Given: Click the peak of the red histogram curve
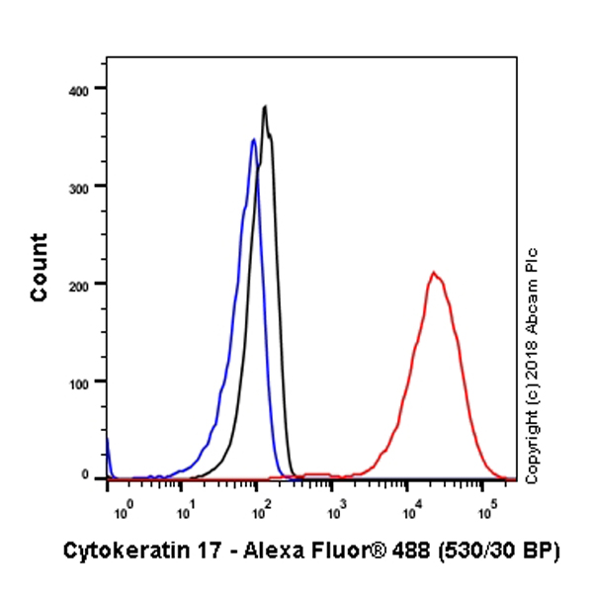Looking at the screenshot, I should [432, 272].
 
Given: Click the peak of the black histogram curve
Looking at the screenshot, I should [264, 107].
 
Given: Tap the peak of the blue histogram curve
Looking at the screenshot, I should [253, 139].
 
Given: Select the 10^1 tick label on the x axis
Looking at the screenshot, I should [185, 512].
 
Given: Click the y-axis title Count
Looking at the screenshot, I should [40, 268].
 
